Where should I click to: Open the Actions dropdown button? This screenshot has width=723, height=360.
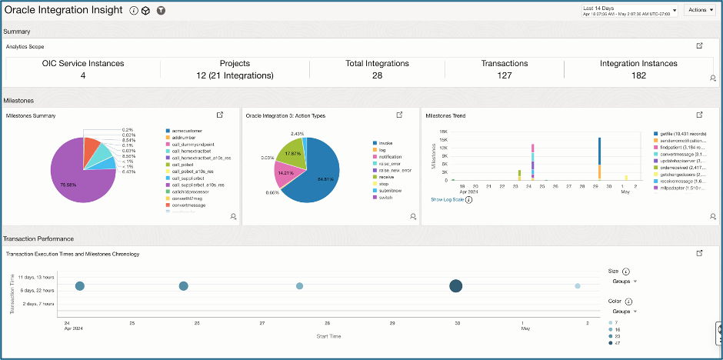tap(698, 10)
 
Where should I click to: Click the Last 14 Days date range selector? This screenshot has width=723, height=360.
tap(629, 10)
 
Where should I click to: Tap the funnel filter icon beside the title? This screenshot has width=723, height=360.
tap(161, 11)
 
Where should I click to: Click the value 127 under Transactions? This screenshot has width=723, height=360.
tap(504, 75)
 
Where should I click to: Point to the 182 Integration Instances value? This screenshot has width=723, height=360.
tap(638, 75)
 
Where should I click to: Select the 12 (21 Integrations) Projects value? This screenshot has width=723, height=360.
tap(235, 75)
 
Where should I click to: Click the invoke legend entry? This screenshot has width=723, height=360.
tap(384, 143)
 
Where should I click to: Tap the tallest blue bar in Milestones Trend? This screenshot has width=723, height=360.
tap(598, 150)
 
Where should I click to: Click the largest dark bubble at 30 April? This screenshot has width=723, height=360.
tap(456, 286)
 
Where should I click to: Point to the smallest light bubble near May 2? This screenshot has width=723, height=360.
tap(577, 286)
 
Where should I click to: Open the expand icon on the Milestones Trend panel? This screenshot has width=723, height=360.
tap(699, 115)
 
